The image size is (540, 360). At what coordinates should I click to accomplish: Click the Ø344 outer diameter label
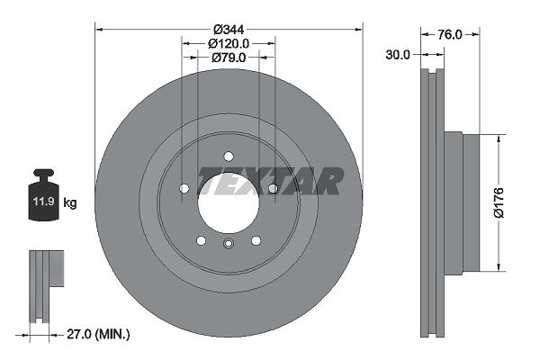tap(229, 30)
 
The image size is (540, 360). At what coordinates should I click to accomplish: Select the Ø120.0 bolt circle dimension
tap(229, 44)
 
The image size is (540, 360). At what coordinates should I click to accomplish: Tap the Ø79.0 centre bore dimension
tap(229, 58)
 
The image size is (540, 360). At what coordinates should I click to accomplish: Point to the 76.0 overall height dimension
tap(450, 34)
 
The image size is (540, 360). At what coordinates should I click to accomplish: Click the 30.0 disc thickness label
tap(398, 55)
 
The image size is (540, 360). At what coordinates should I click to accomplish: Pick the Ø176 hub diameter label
tap(499, 202)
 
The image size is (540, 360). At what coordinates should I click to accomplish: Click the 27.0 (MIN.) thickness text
tap(98, 334)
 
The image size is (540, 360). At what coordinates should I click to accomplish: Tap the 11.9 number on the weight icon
tap(44, 202)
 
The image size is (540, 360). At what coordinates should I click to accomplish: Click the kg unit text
tap(70, 202)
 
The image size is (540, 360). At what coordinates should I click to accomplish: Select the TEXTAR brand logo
tap(270, 181)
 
